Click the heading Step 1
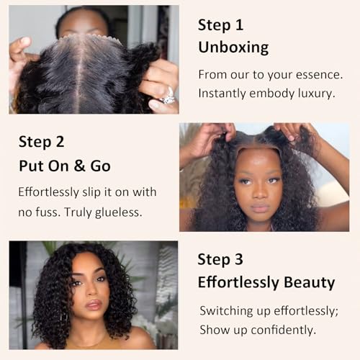[221, 25]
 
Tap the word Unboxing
[233, 48]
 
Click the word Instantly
[222, 93]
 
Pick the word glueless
[118, 212]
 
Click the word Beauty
[307, 282]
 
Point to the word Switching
[229, 310]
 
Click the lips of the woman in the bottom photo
[94, 305]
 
